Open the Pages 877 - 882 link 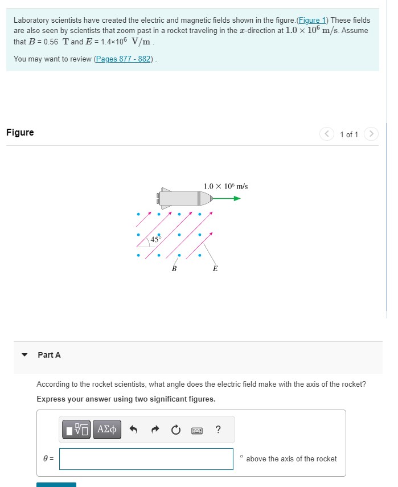125,59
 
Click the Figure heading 20,132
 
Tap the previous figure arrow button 326,134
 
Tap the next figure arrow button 371,134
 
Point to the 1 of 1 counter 348,134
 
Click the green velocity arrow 228,198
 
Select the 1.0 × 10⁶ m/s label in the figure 225,186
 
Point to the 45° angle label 155,239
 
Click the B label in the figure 174,268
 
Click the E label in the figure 215,268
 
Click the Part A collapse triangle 24,355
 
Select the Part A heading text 49,355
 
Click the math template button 77,429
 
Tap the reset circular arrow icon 175,429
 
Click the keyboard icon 196,429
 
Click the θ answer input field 146,459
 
